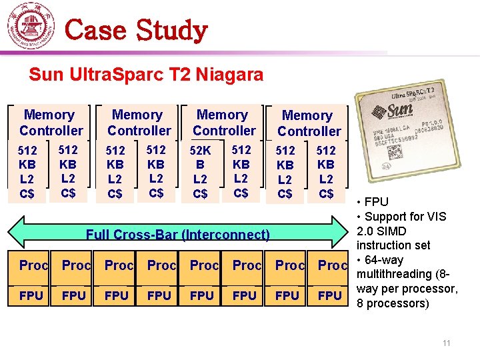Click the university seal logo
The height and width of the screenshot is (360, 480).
(31, 26)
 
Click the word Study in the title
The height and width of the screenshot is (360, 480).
(171, 30)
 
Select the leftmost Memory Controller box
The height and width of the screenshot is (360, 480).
(51, 123)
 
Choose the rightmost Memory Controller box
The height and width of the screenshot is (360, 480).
(308, 123)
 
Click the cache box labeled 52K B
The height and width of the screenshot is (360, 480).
(200, 172)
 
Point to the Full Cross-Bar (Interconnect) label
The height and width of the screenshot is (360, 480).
(178, 234)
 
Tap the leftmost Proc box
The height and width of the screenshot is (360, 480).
(33, 265)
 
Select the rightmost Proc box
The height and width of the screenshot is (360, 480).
(332, 265)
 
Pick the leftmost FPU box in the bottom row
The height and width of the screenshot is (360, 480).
(31, 295)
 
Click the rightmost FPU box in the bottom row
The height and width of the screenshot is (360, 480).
(330, 295)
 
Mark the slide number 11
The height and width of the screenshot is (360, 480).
(447, 343)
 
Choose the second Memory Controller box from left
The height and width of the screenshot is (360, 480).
(139, 123)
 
